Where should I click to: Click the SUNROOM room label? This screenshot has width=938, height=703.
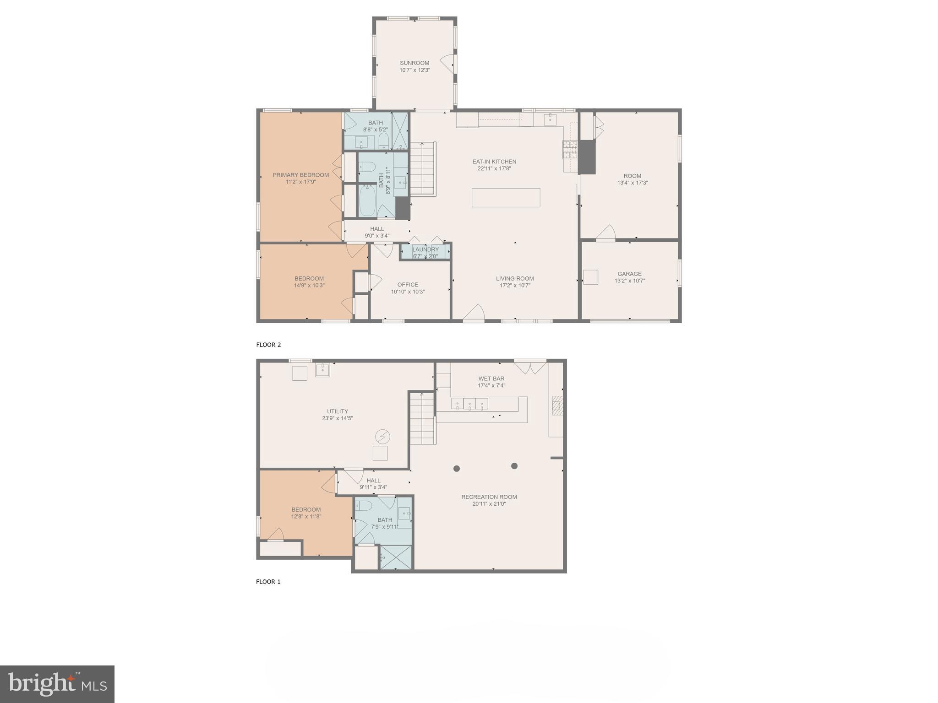pyautogui.click(x=414, y=63)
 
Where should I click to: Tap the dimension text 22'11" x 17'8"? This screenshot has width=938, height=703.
pyautogui.click(x=494, y=168)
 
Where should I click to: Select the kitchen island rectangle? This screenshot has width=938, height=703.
pyautogui.click(x=506, y=198)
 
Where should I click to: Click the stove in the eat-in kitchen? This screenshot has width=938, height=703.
pyautogui.click(x=571, y=150)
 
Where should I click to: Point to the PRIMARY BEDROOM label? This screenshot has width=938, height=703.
pyautogui.click(x=300, y=175)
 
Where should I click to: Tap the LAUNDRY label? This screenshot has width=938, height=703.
pyautogui.click(x=425, y=249)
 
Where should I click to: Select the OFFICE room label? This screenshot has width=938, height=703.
pyautogui.click(x=408, y=285)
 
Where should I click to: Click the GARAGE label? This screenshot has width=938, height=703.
pyautogui.click(x=629, y=274)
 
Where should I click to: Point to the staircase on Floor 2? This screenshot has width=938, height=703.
pyautogui.click(x=422, y=169)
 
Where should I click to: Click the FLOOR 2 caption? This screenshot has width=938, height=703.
pyautogui.click(x=268, y=345)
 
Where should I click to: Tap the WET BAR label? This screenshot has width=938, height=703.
pyautogui.click(x=491, y=379)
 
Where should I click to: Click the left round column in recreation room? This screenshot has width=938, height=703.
pyautogui.click(x=457, y=468)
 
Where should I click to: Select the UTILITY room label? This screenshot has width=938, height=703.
pyautogui.click(x=338, y=411)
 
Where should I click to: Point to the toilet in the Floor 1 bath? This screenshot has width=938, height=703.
pyautogui.click(x=365, y=506)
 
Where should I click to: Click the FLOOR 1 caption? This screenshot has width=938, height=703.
pyautogui.click(x=268, y=582)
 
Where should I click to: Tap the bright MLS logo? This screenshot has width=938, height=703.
pyautogui.click(x=57, y=684)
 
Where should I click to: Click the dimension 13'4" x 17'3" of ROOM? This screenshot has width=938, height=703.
pyautogui.click(x=632, y=183)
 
